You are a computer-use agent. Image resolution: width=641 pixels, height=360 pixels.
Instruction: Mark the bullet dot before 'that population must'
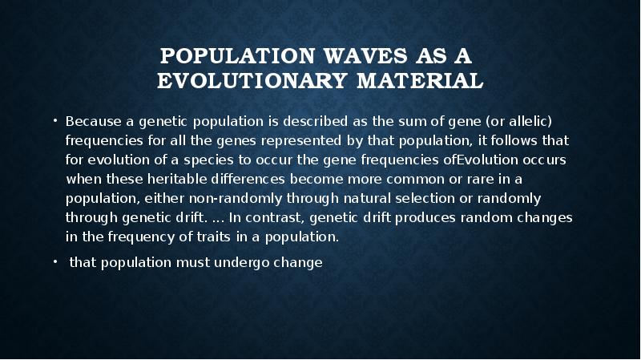[x=57, y=261]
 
